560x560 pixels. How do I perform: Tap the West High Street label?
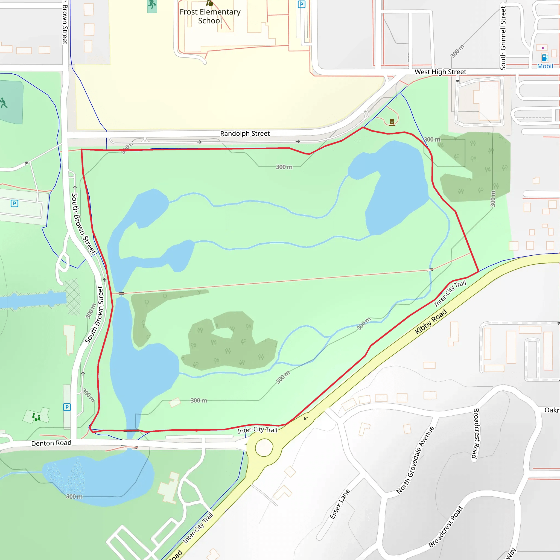click(x=440, y=72)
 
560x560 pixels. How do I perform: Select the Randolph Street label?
click(x=245, y=134)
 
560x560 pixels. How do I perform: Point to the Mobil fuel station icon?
click(x=545, y=58)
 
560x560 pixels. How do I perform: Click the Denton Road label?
click(x=51, y=443)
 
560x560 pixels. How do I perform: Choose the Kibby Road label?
click(x=430, y=322)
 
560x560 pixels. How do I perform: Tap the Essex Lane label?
click(x=339, y=504)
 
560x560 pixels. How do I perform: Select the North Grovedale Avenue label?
click(x=415, y=460)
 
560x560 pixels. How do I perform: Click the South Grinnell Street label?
click(x=503, y=38)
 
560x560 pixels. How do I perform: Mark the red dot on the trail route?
click(x=197, y=430)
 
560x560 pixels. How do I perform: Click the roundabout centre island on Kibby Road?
click(x=264, y=448)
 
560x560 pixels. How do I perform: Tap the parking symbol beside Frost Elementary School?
click(x=301, y=4)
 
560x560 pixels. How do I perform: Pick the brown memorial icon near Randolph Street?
click(x=392, y=122)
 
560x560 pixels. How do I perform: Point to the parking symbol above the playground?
click(x=67, y=407)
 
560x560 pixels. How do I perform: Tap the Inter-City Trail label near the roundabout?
click(x=257, y=430)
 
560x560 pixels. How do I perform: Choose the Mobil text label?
click(x=545, y=66)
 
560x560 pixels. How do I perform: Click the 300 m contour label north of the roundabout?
click(x=199, y=400)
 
